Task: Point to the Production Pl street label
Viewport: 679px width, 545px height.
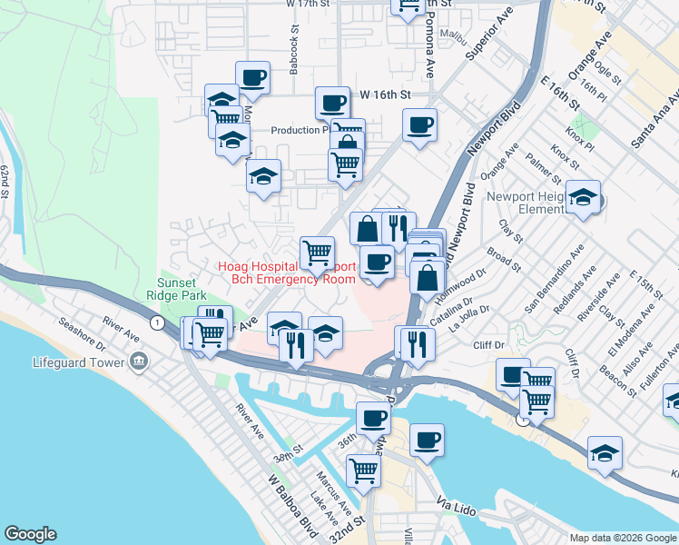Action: point(300,130)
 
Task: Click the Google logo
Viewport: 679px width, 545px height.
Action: point(30,534)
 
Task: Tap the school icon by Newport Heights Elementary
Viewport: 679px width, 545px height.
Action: point(583,196)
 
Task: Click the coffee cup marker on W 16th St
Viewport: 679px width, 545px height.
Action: point(332,103)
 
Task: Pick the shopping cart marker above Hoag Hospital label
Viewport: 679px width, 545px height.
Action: point(317,253)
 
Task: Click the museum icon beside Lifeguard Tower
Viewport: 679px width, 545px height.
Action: point(139,362)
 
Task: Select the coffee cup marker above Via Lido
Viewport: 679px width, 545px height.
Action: point(427,441)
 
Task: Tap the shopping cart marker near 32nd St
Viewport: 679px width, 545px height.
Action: point(363,471)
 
